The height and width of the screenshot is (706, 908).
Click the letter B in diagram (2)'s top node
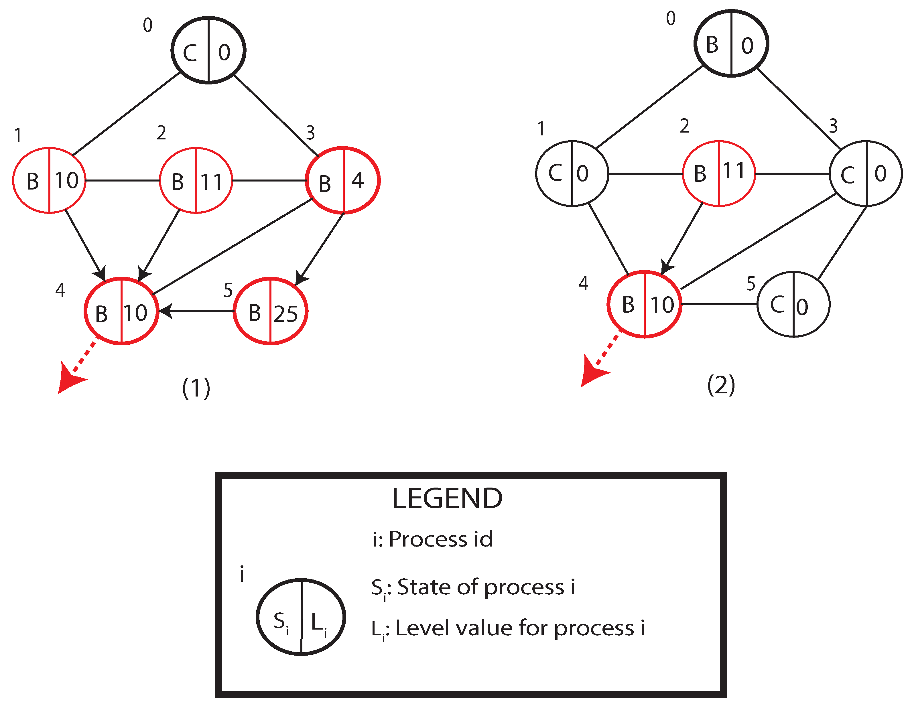tap(712, 45)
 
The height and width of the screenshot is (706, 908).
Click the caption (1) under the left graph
tap(196, 388)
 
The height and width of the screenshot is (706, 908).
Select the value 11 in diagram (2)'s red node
tap(734, 171)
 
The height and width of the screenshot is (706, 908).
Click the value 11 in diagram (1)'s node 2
tap(211, 182)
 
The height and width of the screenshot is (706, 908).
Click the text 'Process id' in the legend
tap(441, 539)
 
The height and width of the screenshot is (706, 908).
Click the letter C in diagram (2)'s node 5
tap(777, 305)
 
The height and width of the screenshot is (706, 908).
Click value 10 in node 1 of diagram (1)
tap(66, 180)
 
